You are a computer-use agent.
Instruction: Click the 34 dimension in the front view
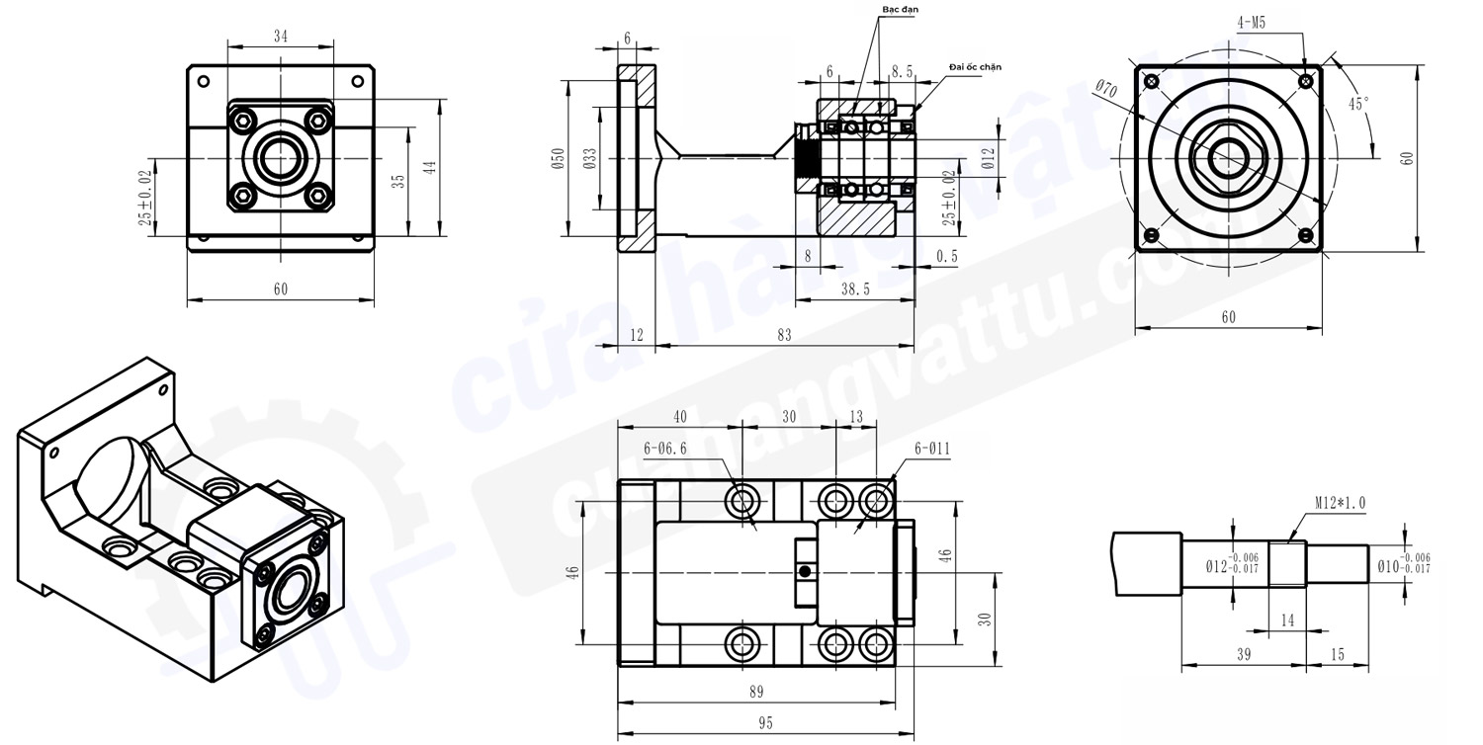pyautogui.click(x=281, y=37)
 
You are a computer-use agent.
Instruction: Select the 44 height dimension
pyautogui.click(x=430, y=168)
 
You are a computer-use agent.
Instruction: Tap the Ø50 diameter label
pyautogui.click(x=558, y=158)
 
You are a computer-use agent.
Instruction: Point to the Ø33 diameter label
pyautogui.click(x=589, y=158)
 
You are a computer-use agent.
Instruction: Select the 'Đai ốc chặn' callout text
pyautogui.click(x=975, y=66)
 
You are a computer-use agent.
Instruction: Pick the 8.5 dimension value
pyautogui.click(x=903, y=72)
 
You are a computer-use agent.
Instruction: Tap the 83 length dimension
pyautogui.click(x=784, y=336)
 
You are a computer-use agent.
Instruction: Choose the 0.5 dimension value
pyautogui.click(x=946, y=256)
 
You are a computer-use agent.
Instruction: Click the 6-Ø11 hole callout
pyautogui.click(x=931, y=449)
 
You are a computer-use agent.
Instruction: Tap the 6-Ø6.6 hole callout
pyautogui.click(x=664, y=449)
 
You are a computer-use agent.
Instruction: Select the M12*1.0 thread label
pyautogui.click(x=1340, y=503)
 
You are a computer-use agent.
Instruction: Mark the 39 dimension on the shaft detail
pyautogui.click(x=1243, y=655)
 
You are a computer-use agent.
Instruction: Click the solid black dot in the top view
pyautogui.click(x=806, y=571)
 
